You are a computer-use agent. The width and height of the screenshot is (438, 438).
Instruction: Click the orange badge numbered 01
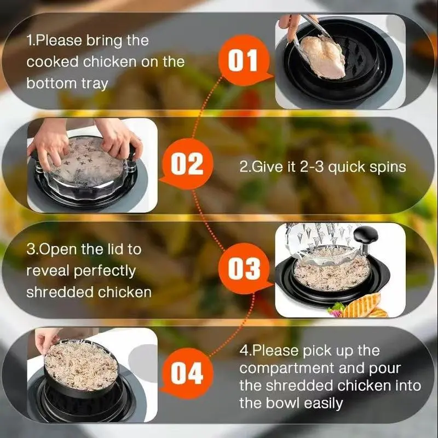pos(244,60)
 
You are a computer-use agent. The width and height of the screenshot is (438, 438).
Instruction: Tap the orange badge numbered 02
pos(187,164)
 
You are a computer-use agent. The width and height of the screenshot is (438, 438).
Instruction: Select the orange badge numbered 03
pos(244,269)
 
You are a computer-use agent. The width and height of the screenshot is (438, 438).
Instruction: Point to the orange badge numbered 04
pos(187,373)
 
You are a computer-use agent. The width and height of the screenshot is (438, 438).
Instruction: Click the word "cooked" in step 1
pos(53,62)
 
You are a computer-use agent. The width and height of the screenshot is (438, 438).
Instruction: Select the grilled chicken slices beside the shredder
pos(365,307)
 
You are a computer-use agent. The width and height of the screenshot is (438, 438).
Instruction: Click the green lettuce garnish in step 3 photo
pos(337,309)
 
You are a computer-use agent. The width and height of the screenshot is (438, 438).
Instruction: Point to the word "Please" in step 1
pos(59,41)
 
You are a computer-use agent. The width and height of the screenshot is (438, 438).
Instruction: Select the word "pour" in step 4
pos(385,369)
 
